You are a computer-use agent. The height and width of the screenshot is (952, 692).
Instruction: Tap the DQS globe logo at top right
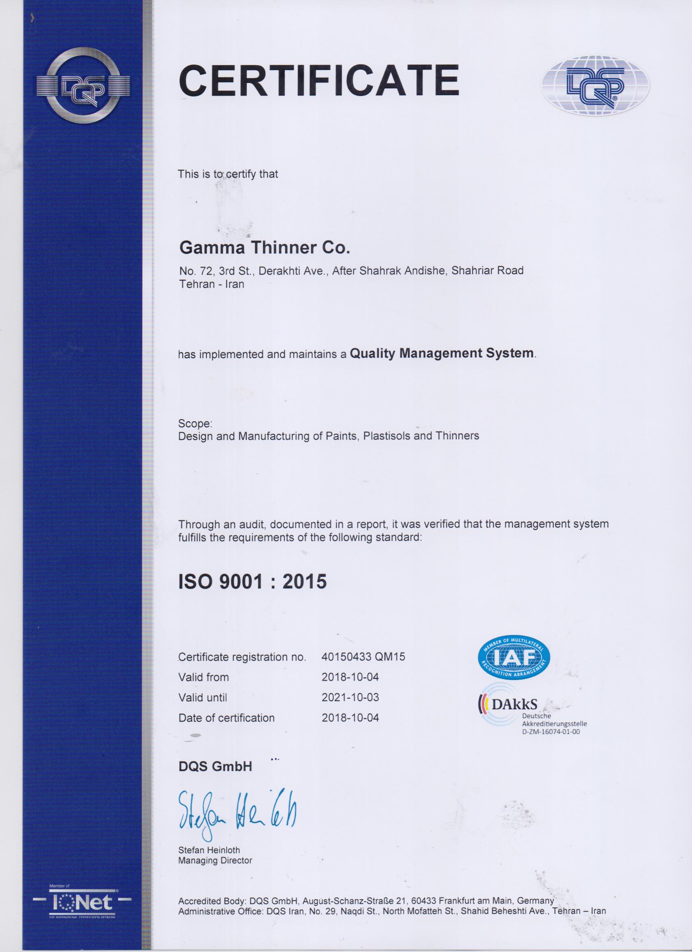[596, 84]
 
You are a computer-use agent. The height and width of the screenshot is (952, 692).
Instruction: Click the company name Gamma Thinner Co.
[264, 248]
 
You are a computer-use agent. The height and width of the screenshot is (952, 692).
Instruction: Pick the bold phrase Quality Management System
[442, 353]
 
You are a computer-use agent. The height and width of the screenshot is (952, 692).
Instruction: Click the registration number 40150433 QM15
[363, 657]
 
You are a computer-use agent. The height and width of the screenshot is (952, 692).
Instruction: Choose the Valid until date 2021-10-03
[350, 697]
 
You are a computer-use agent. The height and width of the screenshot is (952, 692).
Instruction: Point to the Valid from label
[204, 677]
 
